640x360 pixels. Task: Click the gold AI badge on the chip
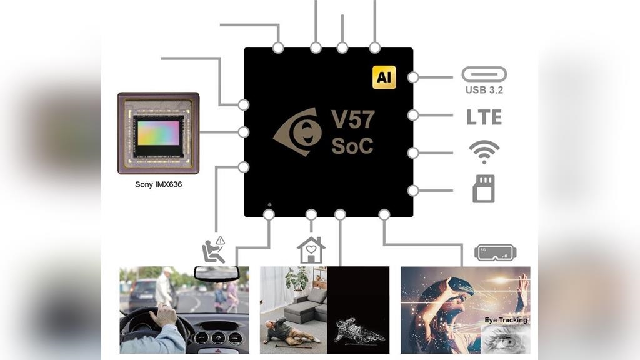(x=384, y=77)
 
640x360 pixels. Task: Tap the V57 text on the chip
(x=353, y=119)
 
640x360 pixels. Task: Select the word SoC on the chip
(x=352, y=146)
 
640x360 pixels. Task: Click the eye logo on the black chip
(x=298, y=132)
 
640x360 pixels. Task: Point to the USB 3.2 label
(x=484, y=90)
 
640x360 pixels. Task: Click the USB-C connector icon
(x=484, y=74)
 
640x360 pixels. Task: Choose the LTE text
(x=484, y=117)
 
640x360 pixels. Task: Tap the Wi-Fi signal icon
(x=484, y=152)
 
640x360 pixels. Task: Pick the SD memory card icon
(x=484, y=188)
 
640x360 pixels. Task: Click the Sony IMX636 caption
(x=158, y=184)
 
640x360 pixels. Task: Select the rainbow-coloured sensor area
(x=158, y=132)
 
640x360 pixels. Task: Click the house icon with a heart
(x=311, y=250)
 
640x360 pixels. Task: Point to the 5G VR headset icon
(x=495, y=252)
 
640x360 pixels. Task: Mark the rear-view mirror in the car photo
(x=216, y=274)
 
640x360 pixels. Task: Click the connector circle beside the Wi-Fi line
(x=413, y=152)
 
